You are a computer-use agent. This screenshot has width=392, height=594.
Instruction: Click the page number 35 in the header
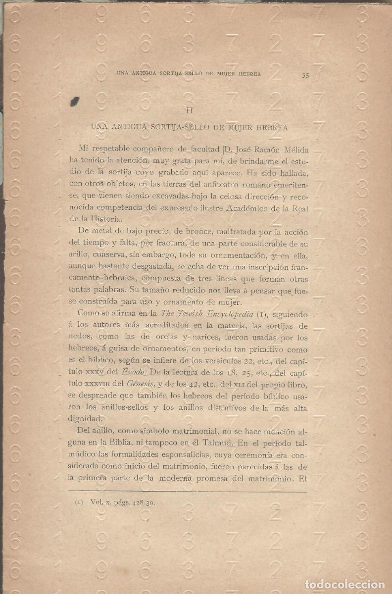click(305, 75)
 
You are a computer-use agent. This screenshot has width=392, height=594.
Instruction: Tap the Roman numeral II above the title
click(189, 110)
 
